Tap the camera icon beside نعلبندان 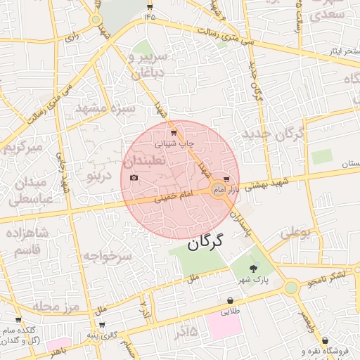pyautogui.click(x=134, y=177)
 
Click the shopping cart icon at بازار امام pyautogui.click(x=226, y=181)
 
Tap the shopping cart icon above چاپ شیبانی pyautogui.click(x=174, y=132)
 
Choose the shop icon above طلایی pyautogui.click(x=231, y=300)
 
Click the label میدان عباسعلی pyautogui.click(x=29, y=191)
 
